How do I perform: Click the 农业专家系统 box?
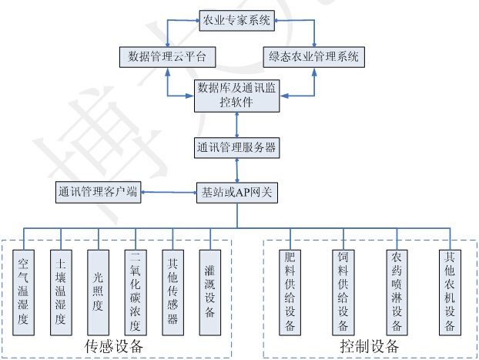tap(236, 21)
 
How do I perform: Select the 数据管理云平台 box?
tap(167, 57)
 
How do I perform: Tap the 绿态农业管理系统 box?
tap(313, 57)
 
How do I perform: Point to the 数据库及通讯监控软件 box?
tap(236, 96)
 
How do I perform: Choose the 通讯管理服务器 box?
tap(236, 148)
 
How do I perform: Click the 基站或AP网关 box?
tap(237, 193)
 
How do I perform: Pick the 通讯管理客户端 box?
tap(98, 192)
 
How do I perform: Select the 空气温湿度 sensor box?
tap(24, 292)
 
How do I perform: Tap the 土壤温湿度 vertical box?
tap(61, 292)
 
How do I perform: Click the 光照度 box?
tap(98, 292)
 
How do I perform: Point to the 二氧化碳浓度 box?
tap(136, 292)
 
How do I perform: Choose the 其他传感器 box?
tap(173, 292)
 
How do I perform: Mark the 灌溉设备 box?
tap(210, 292)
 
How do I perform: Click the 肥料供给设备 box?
tap(290, 292)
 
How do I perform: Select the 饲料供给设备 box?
tap(343, 292)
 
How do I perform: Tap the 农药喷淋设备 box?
tap(397, 292)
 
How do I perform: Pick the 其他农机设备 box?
tap(450, 292)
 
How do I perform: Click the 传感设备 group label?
tap(114, 346)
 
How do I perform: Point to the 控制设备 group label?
tap(370, 346)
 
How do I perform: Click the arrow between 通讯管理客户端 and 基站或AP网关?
tap(169, 193)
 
